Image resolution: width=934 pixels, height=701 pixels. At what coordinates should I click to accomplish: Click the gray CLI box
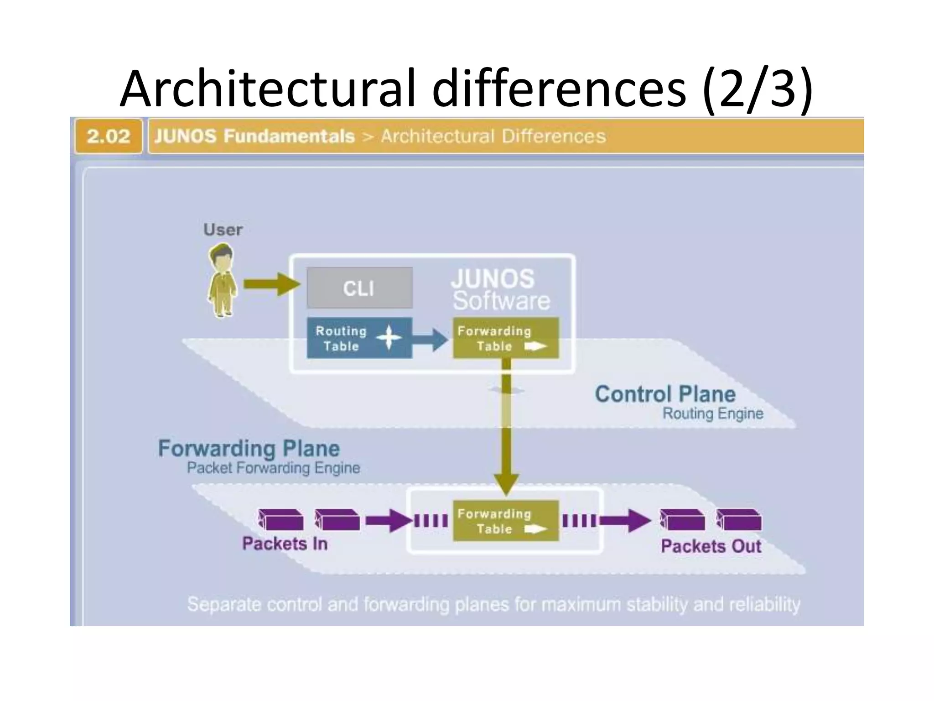pyautogui.click(x=359, y=288)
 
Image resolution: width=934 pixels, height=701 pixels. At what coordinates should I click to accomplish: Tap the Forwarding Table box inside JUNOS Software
pyautogui.click(x=506, y=338)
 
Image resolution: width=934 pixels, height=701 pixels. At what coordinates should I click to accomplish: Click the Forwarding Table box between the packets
pyautogui.click(x=506, y=521)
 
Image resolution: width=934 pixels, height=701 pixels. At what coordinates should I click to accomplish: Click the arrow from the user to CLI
pyautogui.click(x=272, y=284)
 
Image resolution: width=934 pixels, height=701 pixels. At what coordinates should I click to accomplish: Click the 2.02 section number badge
pyautogui.click(x=109, y=136)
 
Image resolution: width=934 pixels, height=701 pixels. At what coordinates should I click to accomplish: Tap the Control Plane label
pyautogui.click(x=665, y=394)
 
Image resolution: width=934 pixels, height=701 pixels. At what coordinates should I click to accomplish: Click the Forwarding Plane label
pyautogui.click(x=249, y=448)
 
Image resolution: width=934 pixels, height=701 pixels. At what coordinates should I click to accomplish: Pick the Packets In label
pyautogui.click(x=285, y=544)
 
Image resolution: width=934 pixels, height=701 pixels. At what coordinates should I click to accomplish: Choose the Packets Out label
pyautogui.click(x=711, y=546)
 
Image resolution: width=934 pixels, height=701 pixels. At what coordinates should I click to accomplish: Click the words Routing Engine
pyautogui.click(x=713, y=413)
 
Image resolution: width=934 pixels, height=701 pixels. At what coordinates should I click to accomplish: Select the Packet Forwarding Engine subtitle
pyautogui.click(x=274, y=468)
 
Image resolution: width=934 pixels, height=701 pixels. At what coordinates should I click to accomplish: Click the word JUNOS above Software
pyautogui.click(x=493, y=278)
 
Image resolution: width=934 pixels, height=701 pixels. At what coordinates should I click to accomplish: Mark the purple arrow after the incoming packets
pyautogui.click(x=389, y=521)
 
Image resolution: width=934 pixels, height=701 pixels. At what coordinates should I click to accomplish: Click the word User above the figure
pyautogui.click(x=223, y=230)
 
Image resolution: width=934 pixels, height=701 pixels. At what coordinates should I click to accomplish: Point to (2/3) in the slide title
pyautogui.click(x=758, y=88)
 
